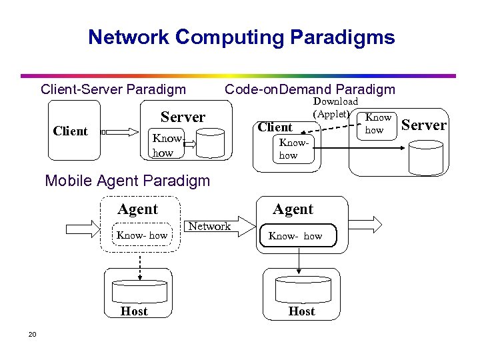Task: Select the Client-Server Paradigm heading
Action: [x=113, y=89]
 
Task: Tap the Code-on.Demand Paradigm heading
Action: [x=310, y=89]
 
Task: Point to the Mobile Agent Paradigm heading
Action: [x=127, y=181]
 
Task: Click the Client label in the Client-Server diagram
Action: [x=70, y=131]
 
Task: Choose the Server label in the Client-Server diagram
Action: [x=183, y=117]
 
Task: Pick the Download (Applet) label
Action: [x=334, y=107]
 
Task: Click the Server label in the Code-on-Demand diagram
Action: [x=424, y=125]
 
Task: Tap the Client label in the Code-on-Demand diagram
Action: [x=275, y=127]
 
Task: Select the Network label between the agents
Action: [x=209, y=227]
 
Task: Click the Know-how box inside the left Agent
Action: [x=142, y=235]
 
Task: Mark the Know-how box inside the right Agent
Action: [x=299, y=236]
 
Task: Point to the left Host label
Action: [x=134, y=311]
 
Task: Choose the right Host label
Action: [x=301, y=311]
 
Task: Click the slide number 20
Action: [x=32, y=335]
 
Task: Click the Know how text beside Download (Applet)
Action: [x=378, y=124]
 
